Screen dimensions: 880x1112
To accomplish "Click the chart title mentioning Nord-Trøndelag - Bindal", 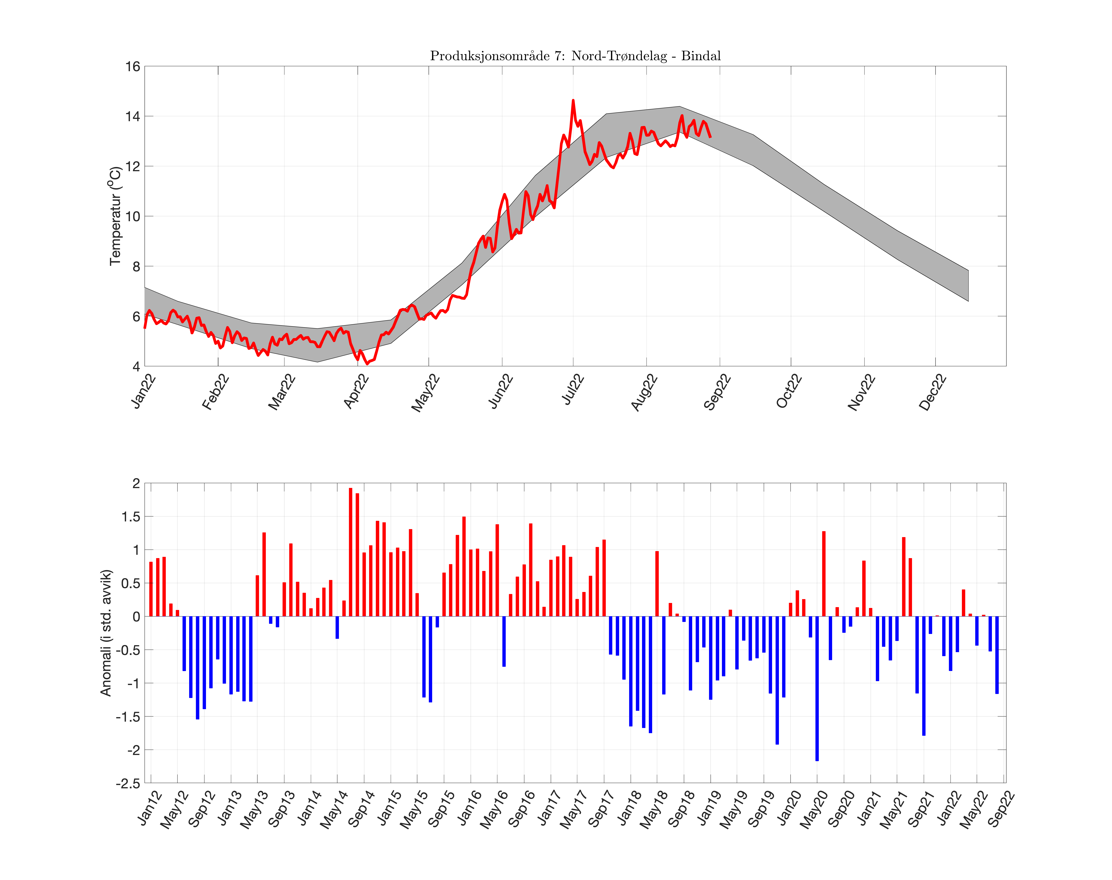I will tap(575, 56).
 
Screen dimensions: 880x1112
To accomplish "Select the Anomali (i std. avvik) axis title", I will tap(106, 633).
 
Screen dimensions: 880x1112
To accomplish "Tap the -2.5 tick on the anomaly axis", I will tap(128, 783).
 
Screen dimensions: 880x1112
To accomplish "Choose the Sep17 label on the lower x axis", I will tap(601, 809).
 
